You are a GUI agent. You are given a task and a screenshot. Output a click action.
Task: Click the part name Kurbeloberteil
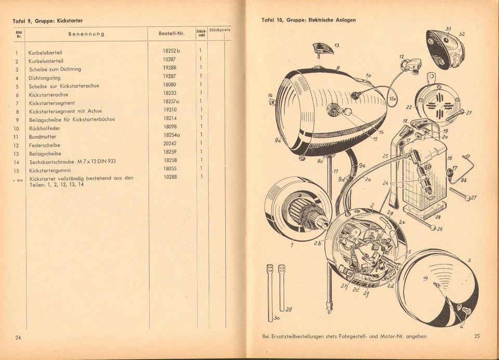pyautogui.click(x=46, y=53)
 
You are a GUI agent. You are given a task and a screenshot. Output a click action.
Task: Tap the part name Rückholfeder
pyautogui.click(x=44, y=128)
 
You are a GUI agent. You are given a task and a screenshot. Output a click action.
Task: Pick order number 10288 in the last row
pyautogui.click(x=170, y=177)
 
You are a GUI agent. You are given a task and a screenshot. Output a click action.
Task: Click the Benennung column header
pyautogui.click(x=86, y=34)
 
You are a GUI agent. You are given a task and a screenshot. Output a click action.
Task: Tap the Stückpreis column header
pyautogui.click(x=219, y=31)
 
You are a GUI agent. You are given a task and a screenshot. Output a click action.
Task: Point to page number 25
pyautogui.click(x=477, y=336)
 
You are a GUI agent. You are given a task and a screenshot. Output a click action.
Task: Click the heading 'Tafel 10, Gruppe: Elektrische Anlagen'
pyautogui.click(x=309, y=20)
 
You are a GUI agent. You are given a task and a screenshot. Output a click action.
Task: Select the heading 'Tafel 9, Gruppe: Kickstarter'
pyautogui.click(x=47, y=21)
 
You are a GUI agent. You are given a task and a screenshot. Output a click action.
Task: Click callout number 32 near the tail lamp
pyautogui.click(x=461, y=34)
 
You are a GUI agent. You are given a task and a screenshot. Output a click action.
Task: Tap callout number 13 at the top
pyautogui.click(x=336, y=45)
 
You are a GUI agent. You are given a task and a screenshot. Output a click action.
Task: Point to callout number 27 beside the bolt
pyautogui.click(x=473, y=198)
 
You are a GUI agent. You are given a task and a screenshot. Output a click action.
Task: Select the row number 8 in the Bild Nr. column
pyautogui.click(x=17, y=111)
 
